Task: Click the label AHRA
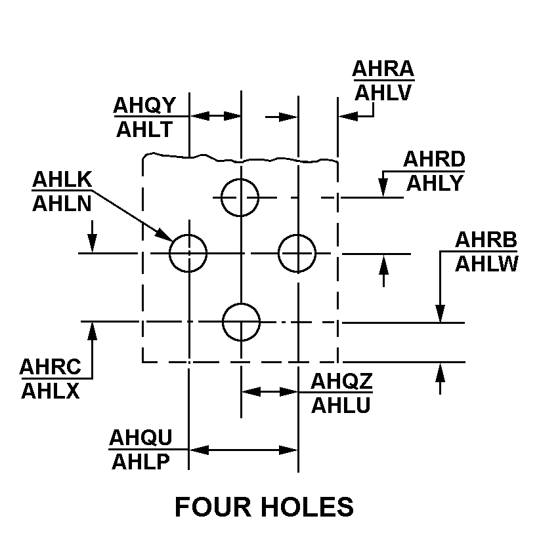(383, 69)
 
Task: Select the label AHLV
(383, 93)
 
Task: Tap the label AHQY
(144, 105)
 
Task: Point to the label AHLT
(144, 129)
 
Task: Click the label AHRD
(434, 159)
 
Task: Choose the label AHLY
(435, 183)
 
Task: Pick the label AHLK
(62, 179)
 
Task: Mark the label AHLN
(62, 203)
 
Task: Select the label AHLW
(486, 264)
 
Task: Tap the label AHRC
(51, 367)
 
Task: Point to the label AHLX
(51, 391)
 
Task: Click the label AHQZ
(341, 381)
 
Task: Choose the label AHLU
(341, 405)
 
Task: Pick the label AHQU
(140, 437)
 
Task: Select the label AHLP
(140, 462)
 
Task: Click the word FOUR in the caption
(213, 507)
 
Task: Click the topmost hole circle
(240, 197)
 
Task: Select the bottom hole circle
(241, 323)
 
